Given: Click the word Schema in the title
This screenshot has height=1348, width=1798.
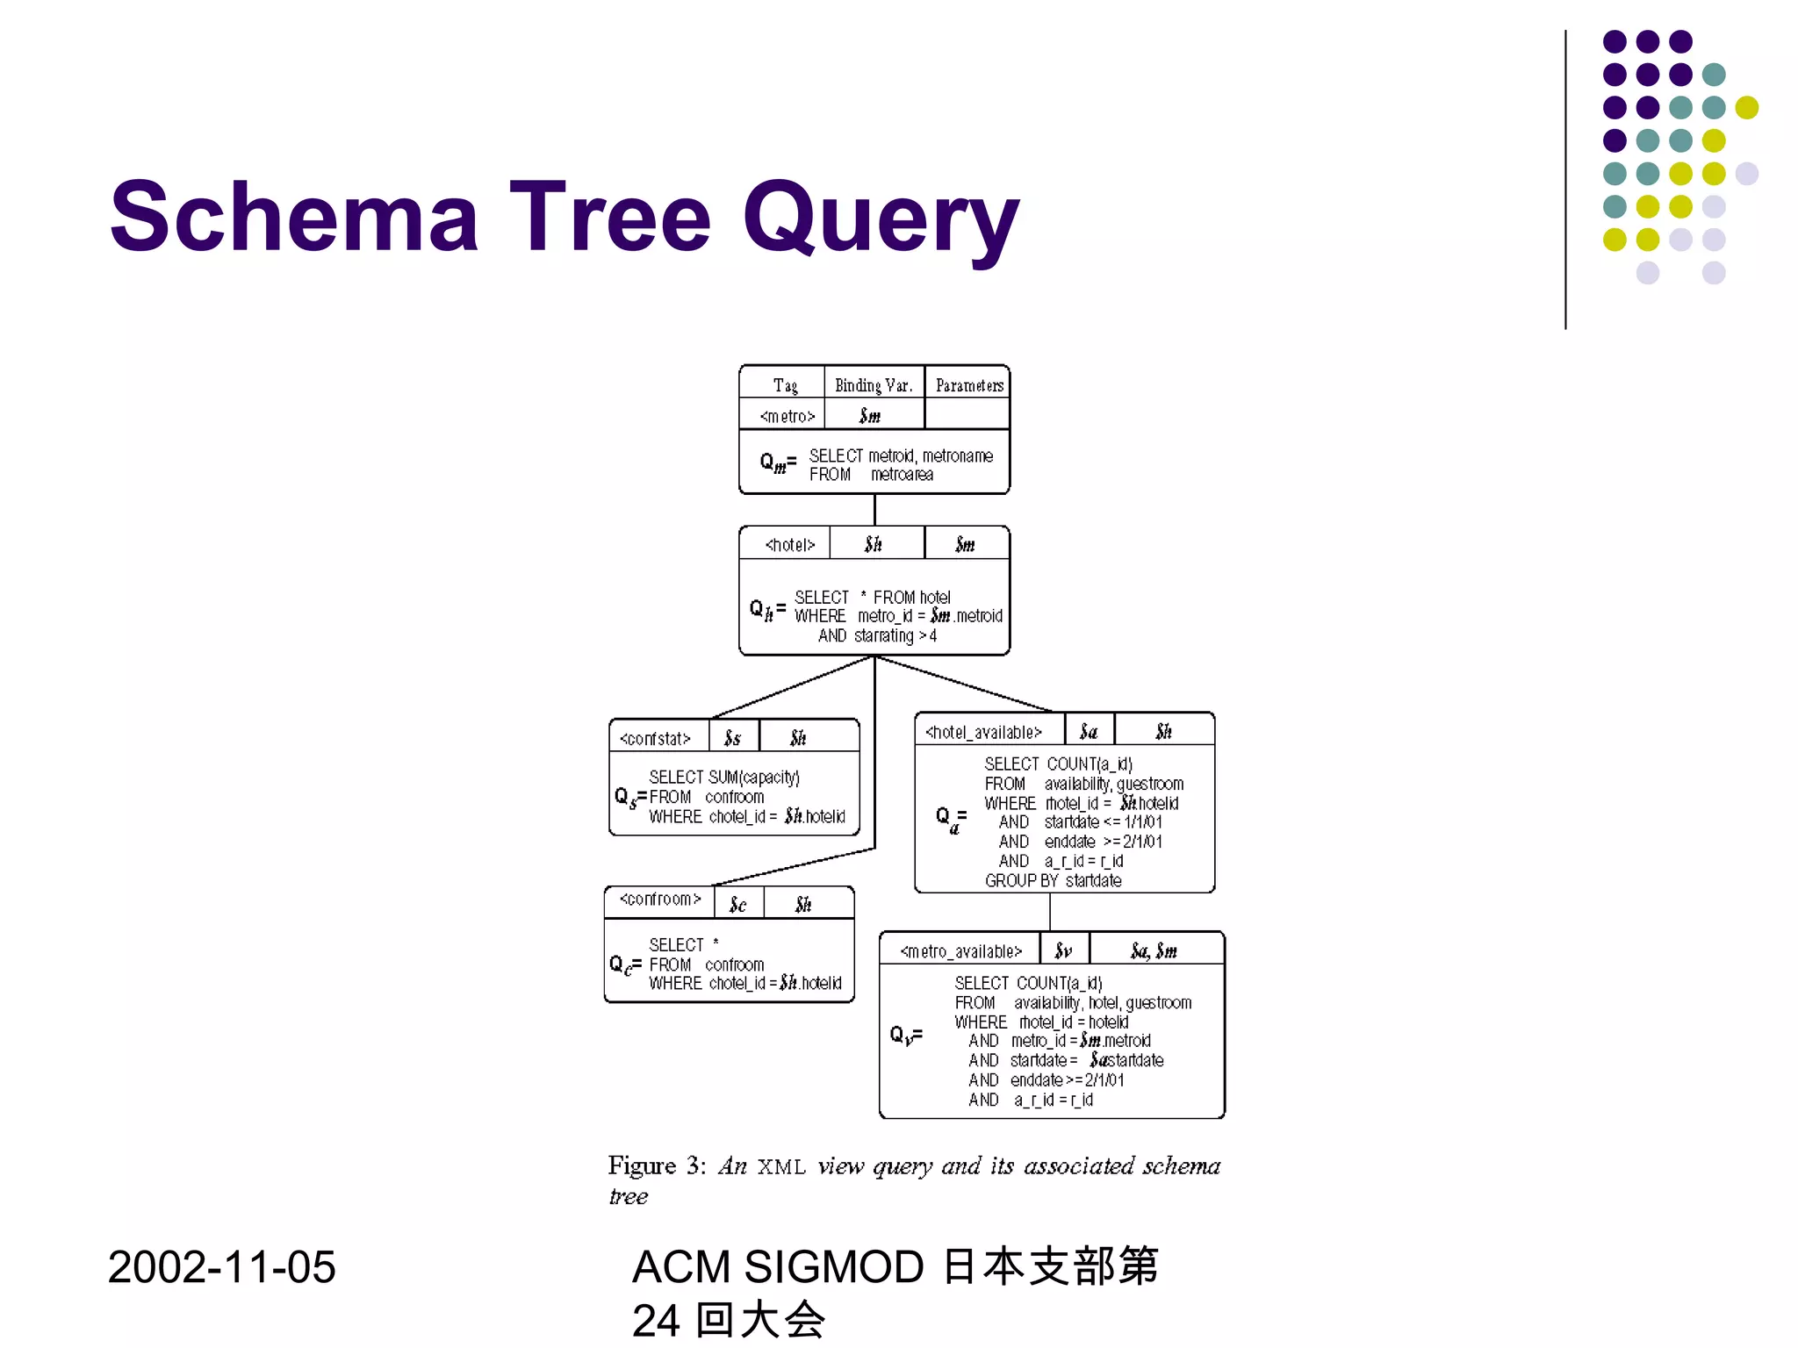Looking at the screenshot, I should coord(294,217).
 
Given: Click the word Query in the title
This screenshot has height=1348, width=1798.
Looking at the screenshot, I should coord(881,219).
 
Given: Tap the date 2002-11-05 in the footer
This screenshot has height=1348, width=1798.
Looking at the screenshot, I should coord(221,1267).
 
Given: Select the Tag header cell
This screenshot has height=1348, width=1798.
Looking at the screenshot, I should coord(785,385).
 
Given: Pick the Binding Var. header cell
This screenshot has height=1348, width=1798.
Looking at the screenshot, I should coord(874,385).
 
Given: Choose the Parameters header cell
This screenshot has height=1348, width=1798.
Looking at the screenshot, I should coord(968,385).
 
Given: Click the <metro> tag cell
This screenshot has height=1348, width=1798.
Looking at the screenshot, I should coord(787,416).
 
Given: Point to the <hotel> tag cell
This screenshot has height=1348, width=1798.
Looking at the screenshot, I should coord(789,545).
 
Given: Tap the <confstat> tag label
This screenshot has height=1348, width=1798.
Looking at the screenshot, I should coord(655,739).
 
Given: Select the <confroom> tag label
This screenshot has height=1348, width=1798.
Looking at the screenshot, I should coord(660,900).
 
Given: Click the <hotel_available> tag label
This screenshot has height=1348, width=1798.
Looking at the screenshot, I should coord(983,732).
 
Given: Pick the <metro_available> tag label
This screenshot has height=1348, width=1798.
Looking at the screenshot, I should coord(961,951).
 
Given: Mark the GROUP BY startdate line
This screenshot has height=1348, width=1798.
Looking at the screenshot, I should coord(1053,880).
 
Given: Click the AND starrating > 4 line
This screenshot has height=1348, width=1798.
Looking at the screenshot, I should coord(877,635).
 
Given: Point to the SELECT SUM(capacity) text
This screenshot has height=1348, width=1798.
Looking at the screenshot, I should coord(723,778).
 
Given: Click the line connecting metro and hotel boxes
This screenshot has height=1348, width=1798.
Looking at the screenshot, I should coord(874,510).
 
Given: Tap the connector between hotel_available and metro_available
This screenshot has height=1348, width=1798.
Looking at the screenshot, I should coord(1050,912).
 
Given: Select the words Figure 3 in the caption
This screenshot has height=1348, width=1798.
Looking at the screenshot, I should coord(656,1165).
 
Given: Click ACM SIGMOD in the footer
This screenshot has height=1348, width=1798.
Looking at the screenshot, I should coord(777,1266).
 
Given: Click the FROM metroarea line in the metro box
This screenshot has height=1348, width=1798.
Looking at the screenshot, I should coord(871,475).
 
